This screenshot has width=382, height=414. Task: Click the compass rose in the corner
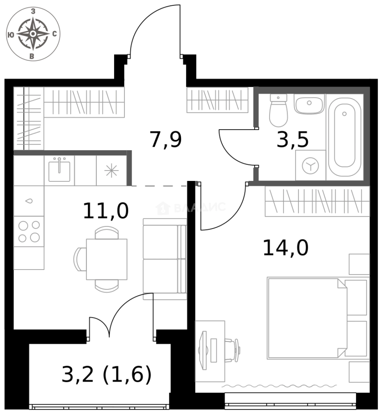pos(33,34)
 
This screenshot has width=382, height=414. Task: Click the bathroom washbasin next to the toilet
pos(309,104)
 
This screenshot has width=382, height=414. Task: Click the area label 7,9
pos(166,140)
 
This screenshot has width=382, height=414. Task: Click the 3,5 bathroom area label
pos(292,140)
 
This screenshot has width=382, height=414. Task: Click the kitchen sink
pos(59,170)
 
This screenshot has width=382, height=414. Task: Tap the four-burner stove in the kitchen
pos(29,232)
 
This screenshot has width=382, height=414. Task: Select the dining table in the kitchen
pos(106,259)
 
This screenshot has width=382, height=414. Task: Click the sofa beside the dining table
pos(165,259)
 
